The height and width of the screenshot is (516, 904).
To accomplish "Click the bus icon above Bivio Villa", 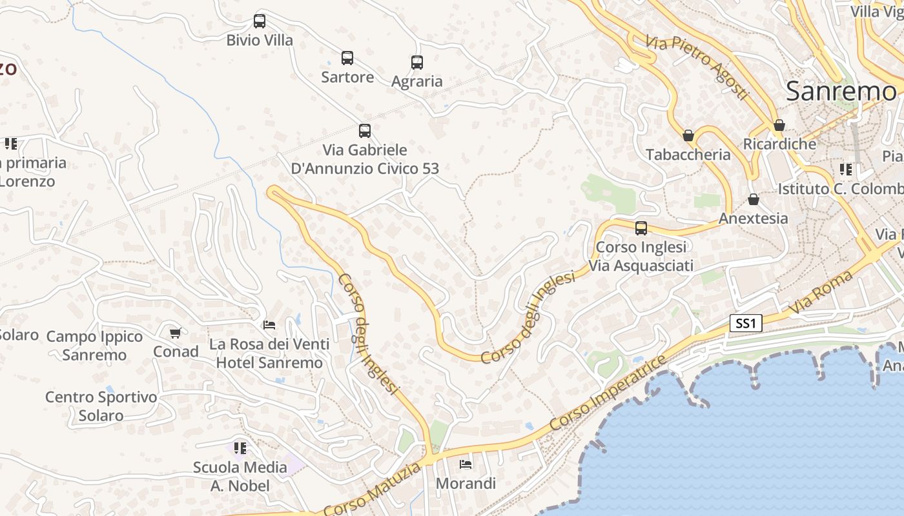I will pyautogui.click(x=260, y=21).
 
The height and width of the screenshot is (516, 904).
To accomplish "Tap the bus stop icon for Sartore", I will pyautogui.click(x=347, y=58).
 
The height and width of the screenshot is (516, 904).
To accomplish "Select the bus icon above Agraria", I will pyautogui.click(x=417, y=63).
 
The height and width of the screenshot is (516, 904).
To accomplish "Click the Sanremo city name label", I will pyautogui.click(x=841, y=92).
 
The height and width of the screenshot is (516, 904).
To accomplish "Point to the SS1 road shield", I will pyautogui.click(x=746, y=323).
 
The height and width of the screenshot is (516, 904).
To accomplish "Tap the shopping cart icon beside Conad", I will pyautogui.click(x=175, y=333).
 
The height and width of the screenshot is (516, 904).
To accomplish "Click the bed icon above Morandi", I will pyautogui.click(x=466, y=464).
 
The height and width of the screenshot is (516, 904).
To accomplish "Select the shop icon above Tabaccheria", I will pyautogui.click(x=688, y=135).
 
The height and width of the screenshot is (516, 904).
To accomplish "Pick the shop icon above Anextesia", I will pyautogui.click(x=753, y=199).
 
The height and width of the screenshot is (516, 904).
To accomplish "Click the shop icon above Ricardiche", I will pyautogui.click(x=779, y=125).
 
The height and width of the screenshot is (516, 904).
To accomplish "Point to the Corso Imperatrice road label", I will pyautogui.click(x=608, y=394).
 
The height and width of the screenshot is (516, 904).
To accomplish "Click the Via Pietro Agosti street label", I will pyautogui.click(x=696, y=66).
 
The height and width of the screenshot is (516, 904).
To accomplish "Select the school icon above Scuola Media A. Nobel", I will pyautogui.click(x=240, y=448).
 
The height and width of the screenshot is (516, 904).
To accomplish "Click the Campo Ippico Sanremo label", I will pyautogui.click(x=94, y=346).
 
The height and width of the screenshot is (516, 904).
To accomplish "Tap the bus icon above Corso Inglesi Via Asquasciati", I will pyautogui.click(x=641, y=228).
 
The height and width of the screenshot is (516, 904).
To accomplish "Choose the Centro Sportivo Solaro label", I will pyautogui.click(x=101, y=406).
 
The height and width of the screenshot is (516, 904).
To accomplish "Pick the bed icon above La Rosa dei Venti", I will pyautogui.click(x=269, y=325).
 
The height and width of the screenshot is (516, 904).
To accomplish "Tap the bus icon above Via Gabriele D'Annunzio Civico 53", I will pyautogui.click(x=365, y=131).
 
